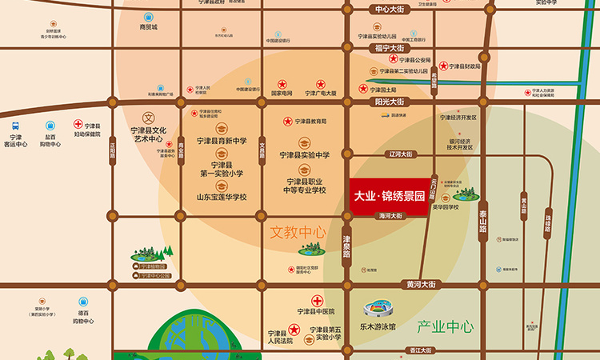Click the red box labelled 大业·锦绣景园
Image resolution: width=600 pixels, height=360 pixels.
(388, 194)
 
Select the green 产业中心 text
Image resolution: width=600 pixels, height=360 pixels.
(445, 326)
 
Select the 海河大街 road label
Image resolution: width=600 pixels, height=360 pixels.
(390, 216)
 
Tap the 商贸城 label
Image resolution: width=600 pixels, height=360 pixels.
(149, 26)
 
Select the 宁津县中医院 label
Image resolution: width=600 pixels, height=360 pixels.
(315, 312)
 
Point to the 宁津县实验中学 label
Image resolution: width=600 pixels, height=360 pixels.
(304, 154)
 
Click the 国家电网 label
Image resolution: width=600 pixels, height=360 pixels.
(282, 94)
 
